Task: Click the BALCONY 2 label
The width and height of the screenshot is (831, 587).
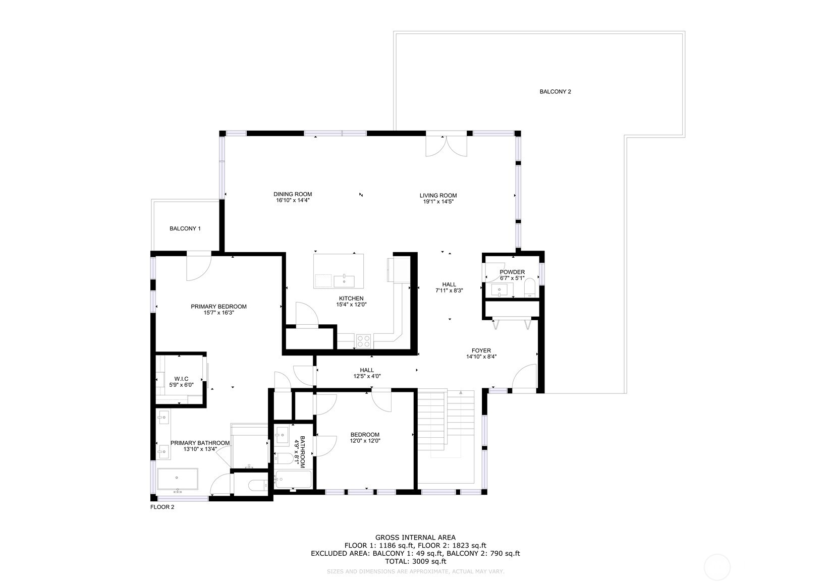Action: (x=555, y=92)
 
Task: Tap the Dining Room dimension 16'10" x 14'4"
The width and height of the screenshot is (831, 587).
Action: (x=293, y=200)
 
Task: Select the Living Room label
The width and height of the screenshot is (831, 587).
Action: (x=438, y=195)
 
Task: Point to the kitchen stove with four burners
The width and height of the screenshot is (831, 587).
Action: (x=363, y=341)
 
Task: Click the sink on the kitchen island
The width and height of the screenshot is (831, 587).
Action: (x=344, y=281)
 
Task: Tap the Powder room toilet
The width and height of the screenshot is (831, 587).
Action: (x=530, y=288)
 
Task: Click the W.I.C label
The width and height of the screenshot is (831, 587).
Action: (x=181, y=379)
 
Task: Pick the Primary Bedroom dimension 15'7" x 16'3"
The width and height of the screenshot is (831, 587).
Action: (x=218, y=313)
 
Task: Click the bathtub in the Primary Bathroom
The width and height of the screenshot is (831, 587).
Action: (x=177, y=479)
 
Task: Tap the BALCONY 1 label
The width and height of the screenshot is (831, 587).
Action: (x=185, y=228)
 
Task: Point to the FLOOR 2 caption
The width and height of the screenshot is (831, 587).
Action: (x=162, y=507)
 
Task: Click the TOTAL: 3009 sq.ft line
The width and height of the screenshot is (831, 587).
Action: (x=415, y=561)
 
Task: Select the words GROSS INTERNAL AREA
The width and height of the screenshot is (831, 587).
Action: (x=415, y=538)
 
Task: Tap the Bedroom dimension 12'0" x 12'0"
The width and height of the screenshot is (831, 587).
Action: (x=365, y=441)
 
